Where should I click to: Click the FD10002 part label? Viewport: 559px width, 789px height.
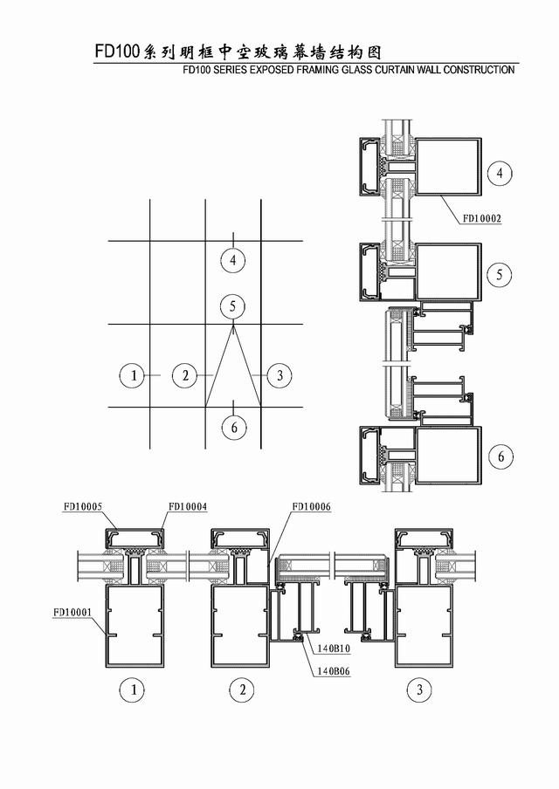point(482,218)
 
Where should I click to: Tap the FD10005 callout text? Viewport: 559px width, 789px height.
point(82,507)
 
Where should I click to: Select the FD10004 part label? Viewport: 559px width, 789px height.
point(187,507)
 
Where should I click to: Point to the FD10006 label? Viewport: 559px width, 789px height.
point(312,507)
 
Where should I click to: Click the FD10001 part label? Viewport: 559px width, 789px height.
point(72,613)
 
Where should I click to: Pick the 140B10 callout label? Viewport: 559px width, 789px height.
point(334,648)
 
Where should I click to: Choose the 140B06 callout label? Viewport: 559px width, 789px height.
point(334,671)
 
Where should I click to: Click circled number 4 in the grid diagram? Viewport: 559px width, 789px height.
point(233,260)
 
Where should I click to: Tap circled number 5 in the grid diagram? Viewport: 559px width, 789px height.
point(232,306)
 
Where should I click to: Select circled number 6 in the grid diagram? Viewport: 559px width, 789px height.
point(234,427)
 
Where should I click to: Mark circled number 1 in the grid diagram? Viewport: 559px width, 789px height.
point(134,375)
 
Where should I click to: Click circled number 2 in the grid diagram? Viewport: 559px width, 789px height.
point(185,375)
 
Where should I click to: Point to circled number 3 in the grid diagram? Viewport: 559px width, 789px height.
point(279,375)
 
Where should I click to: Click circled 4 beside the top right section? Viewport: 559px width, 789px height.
point(500,173)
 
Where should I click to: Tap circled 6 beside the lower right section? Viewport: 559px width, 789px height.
point(501,456)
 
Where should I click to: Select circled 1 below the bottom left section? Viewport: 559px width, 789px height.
point(134,690)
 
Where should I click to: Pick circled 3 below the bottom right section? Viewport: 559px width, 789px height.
point(419,690)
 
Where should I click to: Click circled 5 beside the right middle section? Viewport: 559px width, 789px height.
point(500,274)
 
